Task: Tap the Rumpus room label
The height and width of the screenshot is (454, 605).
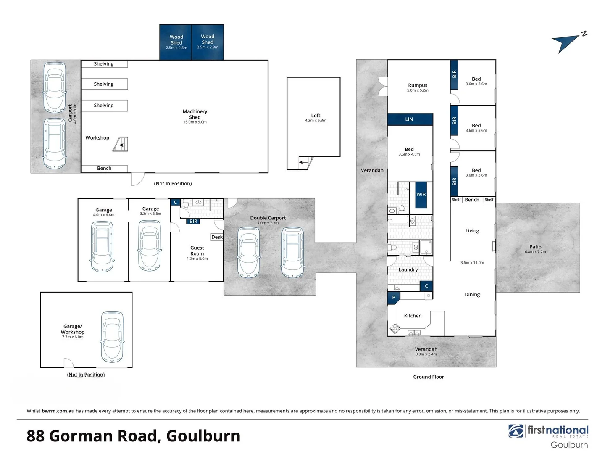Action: [x=418, y=85]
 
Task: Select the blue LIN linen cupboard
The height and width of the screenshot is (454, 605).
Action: [x=410, y=119]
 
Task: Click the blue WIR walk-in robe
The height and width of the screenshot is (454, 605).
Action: [x=421, y=195]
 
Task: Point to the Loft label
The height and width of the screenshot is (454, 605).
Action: [x=316, y=116]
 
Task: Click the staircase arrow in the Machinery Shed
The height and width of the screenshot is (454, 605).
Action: [x=122, y=145]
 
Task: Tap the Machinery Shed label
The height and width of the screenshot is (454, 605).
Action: [x=195, y=114]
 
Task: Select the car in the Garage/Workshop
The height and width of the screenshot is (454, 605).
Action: [x=112, y=337]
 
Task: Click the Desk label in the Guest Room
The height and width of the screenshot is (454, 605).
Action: [x=217, y=237]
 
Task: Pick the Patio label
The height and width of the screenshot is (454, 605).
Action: [x=535, y=247]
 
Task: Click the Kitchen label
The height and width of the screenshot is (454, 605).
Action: [x=413, y=316]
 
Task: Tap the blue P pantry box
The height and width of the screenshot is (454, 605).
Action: [x=394, y=297]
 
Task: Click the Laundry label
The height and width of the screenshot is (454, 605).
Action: [x=408, y=270]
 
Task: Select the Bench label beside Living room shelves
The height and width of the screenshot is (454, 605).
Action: [x=472, y=200]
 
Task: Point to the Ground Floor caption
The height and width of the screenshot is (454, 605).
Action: [x=428, y=377]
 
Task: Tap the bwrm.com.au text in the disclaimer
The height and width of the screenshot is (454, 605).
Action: [x=58, y=411]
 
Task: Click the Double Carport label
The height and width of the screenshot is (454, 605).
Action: [x=268, y=218]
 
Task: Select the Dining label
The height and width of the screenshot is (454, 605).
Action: [x=472, y=295]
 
